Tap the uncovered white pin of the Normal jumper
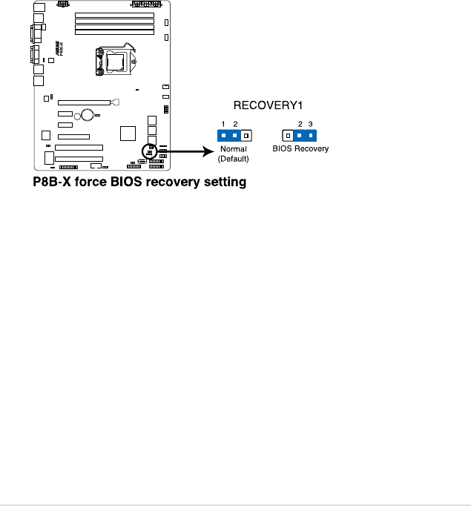click(247, 136)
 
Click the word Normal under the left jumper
click(233, 149)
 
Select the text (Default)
click(233, 159)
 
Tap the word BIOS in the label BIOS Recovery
click(283, 149)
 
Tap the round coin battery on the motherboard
click(88, 114)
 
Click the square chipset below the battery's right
click(128, 133)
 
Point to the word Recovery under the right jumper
click(312, 149)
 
